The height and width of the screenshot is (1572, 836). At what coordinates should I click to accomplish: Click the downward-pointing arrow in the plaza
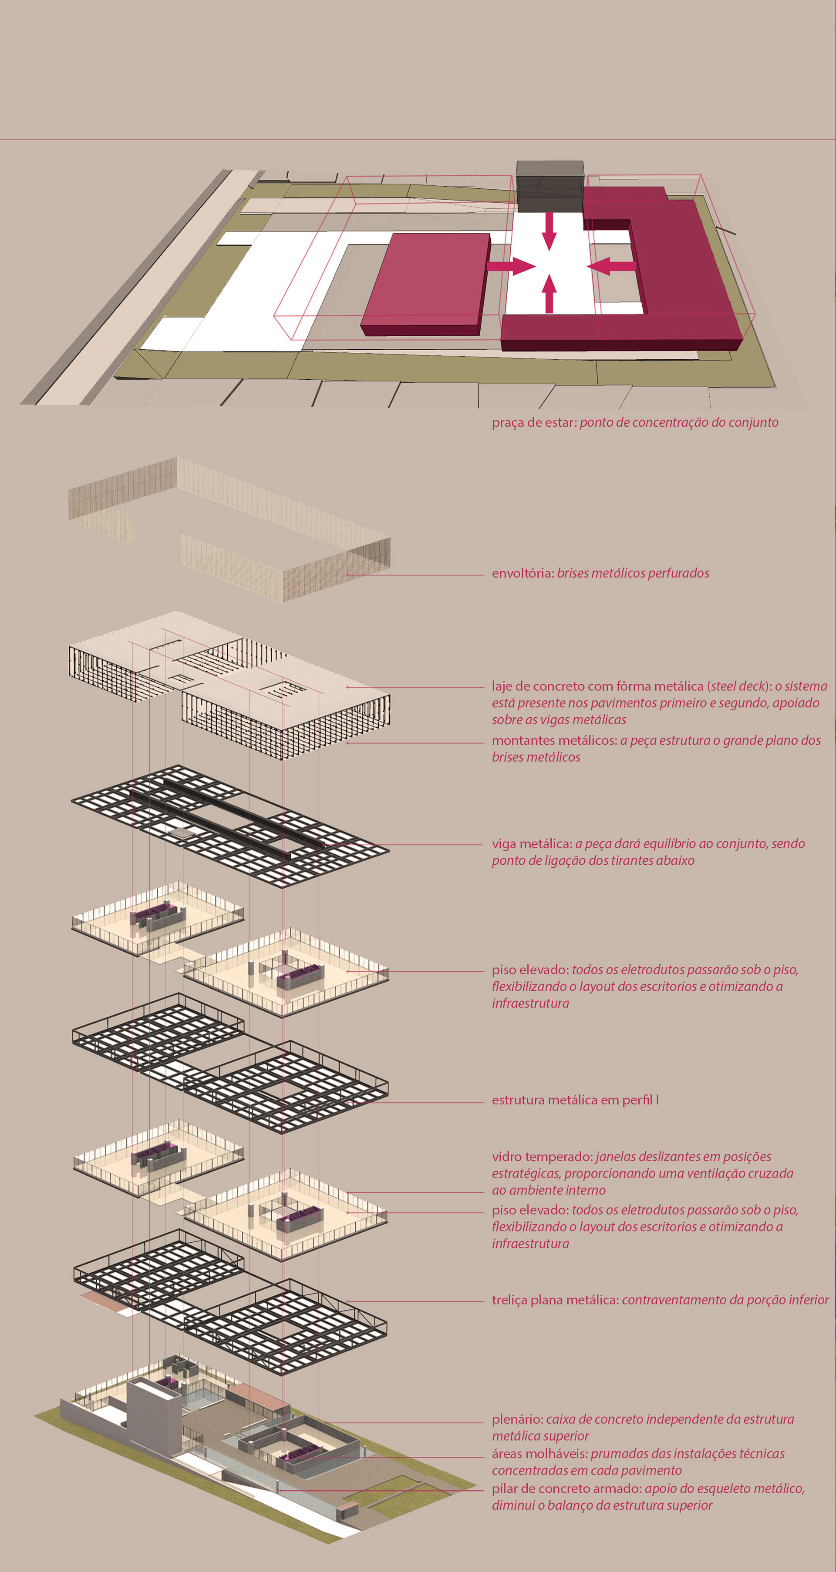click(x=549, y=231)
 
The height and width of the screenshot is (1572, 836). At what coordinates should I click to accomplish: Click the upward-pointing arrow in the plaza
click(x=549, y=294)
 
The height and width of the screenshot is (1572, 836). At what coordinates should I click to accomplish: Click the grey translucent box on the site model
click(x=549, y=186)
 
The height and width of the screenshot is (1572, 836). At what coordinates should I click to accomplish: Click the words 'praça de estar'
click(x=533, y=422)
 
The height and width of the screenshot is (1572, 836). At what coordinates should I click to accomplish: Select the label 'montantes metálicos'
click(x=554, y=740)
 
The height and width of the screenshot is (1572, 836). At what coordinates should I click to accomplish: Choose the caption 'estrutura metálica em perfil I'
click(x=575, y=1100)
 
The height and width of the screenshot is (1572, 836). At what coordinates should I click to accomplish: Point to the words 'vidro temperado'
click(x=541, y=1157)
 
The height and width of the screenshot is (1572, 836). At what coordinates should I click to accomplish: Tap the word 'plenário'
click(x=517, y=1419)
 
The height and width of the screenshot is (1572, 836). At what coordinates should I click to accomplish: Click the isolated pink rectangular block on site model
click(x=426, y=284)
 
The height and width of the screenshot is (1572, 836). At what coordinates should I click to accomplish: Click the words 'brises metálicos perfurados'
click(x=633, y=573)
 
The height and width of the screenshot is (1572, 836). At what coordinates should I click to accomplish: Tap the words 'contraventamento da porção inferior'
click(x=725, y=1300)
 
